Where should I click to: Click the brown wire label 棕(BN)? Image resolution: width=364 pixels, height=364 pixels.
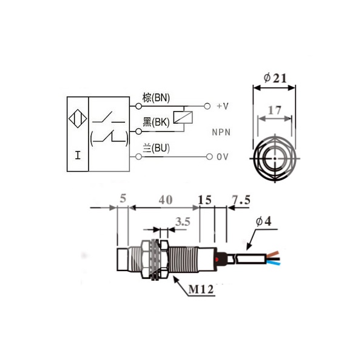coord(156,97)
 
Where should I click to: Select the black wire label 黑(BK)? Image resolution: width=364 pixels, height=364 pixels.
coord(156,122)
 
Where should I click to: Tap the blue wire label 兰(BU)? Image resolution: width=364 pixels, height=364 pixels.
coord(156,147)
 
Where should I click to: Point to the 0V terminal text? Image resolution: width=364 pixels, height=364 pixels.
coord(222,157)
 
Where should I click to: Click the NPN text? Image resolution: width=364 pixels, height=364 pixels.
coord(222,132)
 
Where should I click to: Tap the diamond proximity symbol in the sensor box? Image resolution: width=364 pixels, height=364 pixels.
coord(77,117)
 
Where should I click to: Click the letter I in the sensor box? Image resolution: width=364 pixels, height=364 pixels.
coord(77,155)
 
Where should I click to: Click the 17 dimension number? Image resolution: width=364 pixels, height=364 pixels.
coord(274,110)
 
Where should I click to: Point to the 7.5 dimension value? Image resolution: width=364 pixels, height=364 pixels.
coord(241,199)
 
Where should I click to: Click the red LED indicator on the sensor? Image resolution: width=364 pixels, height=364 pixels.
coord(217,260)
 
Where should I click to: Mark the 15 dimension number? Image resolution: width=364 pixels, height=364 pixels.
coord(204,199)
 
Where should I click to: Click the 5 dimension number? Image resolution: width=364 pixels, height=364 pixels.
coord(123,199)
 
